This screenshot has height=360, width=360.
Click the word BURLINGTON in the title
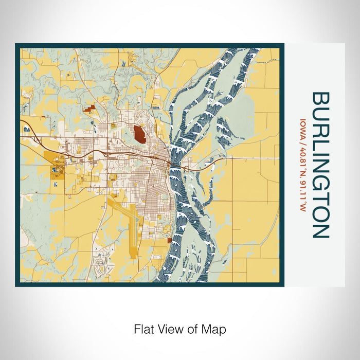320,165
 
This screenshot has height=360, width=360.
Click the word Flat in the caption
143,329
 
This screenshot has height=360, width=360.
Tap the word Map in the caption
217,329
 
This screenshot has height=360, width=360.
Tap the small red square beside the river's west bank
170,240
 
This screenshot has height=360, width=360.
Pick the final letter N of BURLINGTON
320,231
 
